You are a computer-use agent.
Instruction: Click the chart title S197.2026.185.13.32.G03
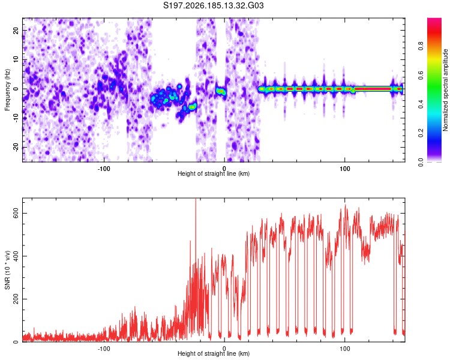click(213, 5)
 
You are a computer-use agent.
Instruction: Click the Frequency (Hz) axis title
click(7, 90)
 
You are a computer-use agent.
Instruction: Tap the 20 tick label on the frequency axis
click(16, 31)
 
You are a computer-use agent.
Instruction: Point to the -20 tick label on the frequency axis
click(16, 147)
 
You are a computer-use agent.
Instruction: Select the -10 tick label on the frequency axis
click(16, 118)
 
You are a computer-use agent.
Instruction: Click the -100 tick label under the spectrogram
click(104, 169)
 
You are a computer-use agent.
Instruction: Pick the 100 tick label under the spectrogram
click(344, 169)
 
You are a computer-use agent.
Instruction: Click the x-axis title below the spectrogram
click(214, 173)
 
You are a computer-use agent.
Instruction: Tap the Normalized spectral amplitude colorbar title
click(445, 90)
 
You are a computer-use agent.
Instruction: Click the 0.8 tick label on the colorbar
click(421, 46)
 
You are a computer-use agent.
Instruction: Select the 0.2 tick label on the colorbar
click(421, 133)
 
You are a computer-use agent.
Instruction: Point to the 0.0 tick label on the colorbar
click(421, 162)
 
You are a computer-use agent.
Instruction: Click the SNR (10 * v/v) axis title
click(7, 270)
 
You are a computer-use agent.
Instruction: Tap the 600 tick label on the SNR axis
click(16, 214)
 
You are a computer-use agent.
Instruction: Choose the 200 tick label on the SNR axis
click(16, 299)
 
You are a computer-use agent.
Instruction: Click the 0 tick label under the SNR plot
click(224, 349)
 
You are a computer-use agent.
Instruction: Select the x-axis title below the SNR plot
click(214, 353)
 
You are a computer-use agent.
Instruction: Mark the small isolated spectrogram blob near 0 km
click(221, 92)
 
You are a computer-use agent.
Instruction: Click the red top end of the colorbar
click(434, 20)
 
